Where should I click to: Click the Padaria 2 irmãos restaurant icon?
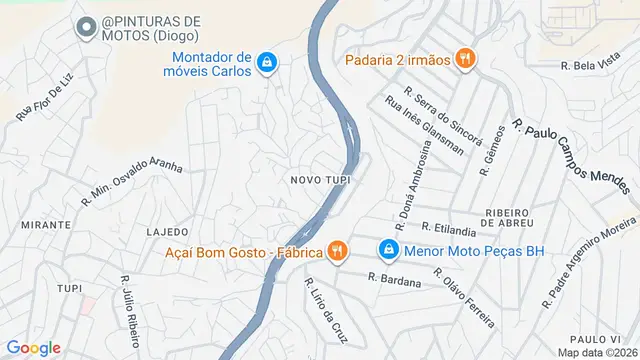(x=464, y=59)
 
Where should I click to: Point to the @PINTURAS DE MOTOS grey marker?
(x=88, y=28)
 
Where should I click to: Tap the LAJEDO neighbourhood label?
(x=167, y=232)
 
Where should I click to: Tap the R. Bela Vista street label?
(x=592, y=66)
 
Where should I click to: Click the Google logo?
(x=33, y=347)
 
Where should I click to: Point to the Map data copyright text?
(x=597, y=353)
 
